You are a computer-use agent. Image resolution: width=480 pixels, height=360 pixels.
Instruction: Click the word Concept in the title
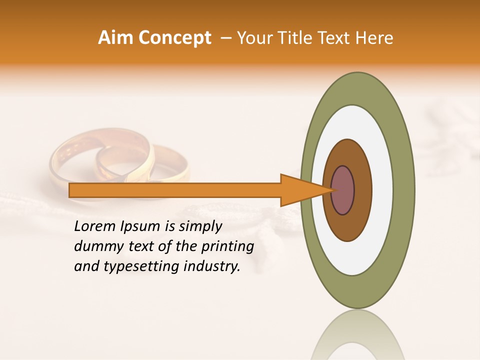(x=174, y=38)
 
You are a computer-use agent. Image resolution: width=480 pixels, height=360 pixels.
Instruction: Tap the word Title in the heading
(x=298, y=38)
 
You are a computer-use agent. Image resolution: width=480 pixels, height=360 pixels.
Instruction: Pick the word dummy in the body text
(x=96, y=246)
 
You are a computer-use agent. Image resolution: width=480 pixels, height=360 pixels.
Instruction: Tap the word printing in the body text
(x=227, y=246)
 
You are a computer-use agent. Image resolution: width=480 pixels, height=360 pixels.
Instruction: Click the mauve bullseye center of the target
(x=343, y=190)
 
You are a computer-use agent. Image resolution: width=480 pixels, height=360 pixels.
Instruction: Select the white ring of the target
(x=382, y=190)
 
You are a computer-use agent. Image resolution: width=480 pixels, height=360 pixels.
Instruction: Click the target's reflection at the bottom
(x=357, y=335)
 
